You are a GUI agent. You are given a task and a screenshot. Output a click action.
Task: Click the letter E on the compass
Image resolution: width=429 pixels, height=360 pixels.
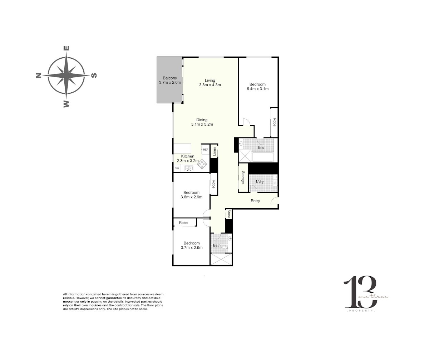[66, 48]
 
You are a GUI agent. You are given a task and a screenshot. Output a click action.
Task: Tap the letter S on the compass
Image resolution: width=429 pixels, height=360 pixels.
[94, 76]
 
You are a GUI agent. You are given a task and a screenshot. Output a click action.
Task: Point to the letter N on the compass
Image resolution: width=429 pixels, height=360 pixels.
[39, 76]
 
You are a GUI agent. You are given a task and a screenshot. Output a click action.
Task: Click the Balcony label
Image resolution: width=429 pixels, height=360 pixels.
[170, 78]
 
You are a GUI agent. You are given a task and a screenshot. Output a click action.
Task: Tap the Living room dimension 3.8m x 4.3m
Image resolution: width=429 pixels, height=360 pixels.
[210, 85]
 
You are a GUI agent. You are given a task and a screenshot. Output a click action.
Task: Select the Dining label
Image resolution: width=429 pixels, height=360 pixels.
[202, 120]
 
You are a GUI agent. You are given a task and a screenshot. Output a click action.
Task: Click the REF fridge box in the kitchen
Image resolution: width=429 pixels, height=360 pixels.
[206, 150]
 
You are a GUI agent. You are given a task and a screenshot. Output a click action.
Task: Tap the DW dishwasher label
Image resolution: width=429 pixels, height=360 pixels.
[177, 168]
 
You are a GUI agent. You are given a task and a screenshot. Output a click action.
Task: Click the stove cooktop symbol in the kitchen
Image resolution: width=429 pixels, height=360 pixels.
[202, 164]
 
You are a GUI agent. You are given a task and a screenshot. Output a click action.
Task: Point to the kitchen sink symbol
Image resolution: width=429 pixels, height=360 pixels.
[189, 168]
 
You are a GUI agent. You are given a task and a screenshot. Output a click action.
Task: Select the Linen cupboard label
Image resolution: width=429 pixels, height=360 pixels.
[214, 151]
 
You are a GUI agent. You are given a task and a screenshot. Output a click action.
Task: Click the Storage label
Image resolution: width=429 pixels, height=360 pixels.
[243, 177]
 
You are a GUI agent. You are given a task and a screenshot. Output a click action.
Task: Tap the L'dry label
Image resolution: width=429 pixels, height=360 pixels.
[260, 182]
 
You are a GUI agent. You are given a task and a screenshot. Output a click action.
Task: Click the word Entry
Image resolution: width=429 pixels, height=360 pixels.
[255, 201]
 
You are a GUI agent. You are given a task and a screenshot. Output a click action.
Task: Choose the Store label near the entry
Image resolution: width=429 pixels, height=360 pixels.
[229, 214]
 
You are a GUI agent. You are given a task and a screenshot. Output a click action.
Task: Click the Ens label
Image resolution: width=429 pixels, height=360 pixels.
[261, 147]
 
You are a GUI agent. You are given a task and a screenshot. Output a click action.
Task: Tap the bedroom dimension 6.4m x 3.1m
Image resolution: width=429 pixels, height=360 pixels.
[257, 89]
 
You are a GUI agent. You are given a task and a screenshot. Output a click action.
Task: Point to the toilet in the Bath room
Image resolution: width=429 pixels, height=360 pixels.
[225, 247]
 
